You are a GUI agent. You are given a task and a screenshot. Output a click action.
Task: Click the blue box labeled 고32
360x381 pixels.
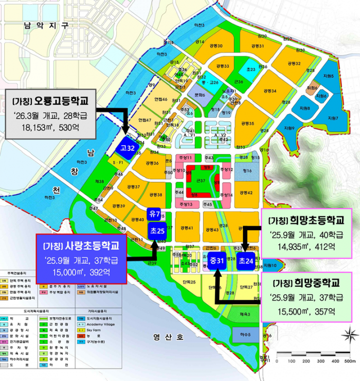pos(128,148)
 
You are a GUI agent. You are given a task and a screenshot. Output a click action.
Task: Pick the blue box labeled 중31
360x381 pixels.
pos(217,261)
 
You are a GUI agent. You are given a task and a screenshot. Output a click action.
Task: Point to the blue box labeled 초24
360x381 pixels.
pos(246,261)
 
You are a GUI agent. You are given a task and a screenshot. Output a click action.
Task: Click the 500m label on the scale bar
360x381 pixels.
pos(350,361)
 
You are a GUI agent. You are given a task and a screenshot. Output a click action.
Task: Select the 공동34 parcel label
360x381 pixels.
pos(270,91)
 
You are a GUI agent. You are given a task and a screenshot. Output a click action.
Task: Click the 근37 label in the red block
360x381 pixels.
pos(201,181)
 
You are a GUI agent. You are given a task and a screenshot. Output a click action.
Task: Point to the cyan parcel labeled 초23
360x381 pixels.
pos(250,70)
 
